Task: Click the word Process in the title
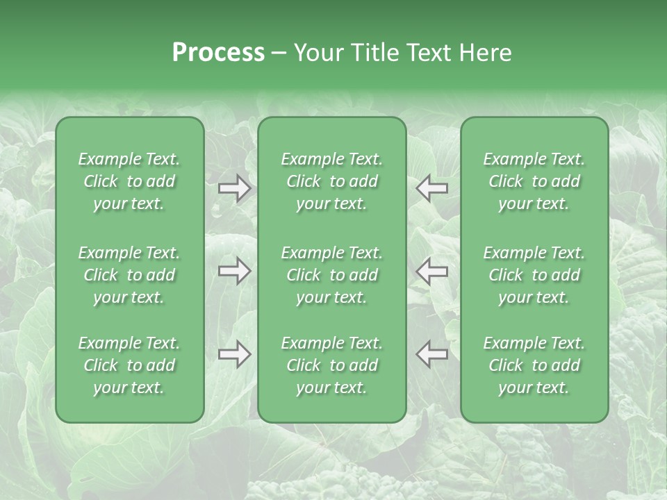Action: click(218, 53)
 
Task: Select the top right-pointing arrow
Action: click(234, 188)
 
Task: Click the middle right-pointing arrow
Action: click(234, 271)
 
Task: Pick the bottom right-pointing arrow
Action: click(234, 354)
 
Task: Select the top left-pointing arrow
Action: click(431, 188)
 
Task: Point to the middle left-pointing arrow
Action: click(431, 271)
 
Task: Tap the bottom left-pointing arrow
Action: click(431, 354)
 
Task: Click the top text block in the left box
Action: click(129, 181)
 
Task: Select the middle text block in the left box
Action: click(129, 275)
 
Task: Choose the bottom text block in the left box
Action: click(129, 365)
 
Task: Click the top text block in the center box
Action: click(331, 181)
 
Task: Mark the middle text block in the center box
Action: click(331, 275)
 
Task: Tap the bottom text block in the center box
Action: click(331, 365)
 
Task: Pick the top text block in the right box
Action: click(534, 181)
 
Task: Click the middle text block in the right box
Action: click(534, 275)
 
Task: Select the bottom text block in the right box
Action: click(534, 365)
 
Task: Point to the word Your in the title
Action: click(319, 53)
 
